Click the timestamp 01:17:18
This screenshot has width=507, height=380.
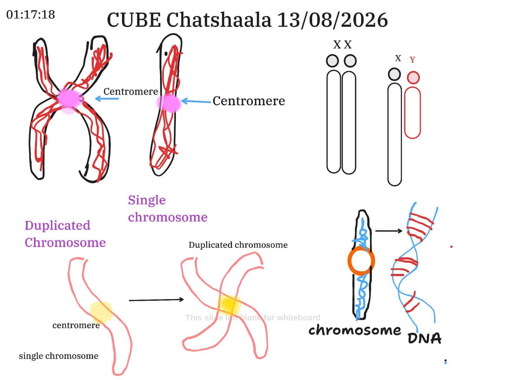[x=30, y=15]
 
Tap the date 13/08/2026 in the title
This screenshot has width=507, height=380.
[x=332, y=20]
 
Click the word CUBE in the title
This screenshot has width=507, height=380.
[x=133, y=20]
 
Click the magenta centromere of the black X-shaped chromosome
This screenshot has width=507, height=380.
[x=69, y=99]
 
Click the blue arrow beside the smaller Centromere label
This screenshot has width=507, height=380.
[x=107, y=98]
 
